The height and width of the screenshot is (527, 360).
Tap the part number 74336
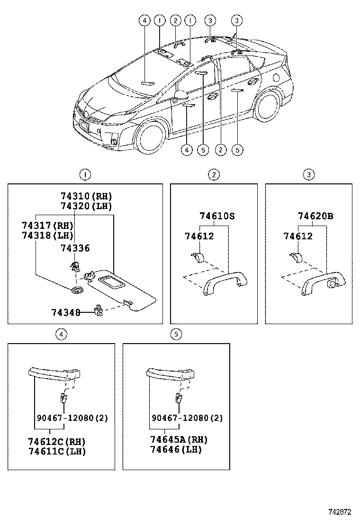click(x=75, y=248)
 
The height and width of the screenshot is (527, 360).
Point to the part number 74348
click(x=66, y=312)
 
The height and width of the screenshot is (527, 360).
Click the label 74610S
click(x=217, y=216)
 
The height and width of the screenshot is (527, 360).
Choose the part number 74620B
click(x=315, y=216)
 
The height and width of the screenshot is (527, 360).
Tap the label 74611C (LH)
click(x=57, y=451)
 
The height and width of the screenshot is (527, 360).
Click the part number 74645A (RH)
click(x=179, y=440)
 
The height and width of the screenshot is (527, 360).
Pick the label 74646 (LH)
click(x=176, y=450)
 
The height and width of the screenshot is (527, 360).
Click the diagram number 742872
click(x=340, y=512)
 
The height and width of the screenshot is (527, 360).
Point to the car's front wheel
click(x=151, y=137)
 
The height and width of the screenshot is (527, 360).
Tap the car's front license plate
click(x=85, y=127)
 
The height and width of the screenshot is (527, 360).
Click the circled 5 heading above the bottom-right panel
click(x=176, y=334)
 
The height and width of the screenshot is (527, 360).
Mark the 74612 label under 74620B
click(x=298, y=236)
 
